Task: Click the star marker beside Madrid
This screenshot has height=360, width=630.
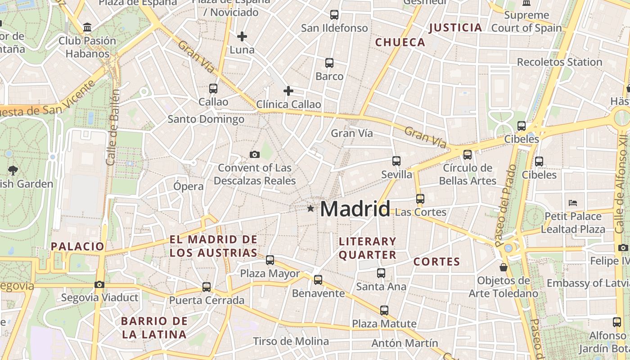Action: pos(310,208)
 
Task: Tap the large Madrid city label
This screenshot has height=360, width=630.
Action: pos(355,209)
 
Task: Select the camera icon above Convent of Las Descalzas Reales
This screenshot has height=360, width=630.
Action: pos(255,155)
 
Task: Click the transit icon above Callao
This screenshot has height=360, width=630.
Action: pos(213,89)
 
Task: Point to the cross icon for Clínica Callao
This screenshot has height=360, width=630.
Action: pos(288,91)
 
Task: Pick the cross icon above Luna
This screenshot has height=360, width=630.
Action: pos(242,36)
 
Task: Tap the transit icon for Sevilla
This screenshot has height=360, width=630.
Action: pos(396,161)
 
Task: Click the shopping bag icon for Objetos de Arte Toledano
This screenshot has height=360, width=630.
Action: pos(504,267)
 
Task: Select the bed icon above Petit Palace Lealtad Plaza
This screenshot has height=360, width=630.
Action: pos(573,202)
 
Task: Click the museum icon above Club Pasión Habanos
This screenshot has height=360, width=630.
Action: pos(87,27)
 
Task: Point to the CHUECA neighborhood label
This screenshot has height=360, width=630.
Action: pos(400,42)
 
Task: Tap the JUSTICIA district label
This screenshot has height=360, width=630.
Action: pos(455,27)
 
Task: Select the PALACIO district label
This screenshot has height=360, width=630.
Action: pos(77,246)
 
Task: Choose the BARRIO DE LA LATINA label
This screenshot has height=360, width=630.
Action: pos(154,328)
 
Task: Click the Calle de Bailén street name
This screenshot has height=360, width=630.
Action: pos(113,127)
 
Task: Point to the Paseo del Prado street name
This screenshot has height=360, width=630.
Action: pos(505,205)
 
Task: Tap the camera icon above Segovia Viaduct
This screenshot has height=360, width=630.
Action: pos(99,284)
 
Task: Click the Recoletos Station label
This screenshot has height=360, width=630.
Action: pos(559,62)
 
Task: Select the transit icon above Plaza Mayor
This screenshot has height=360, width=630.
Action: pos(270,260)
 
